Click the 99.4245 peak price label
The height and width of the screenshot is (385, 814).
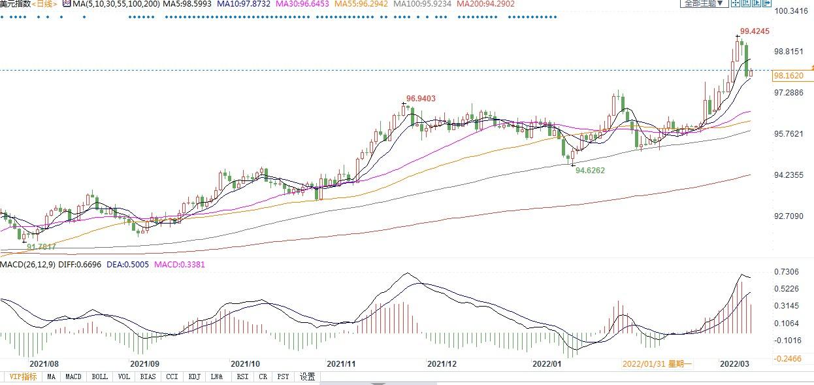(755, 31)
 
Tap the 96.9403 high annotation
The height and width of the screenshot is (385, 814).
(421, 99)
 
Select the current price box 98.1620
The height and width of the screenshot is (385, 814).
(788, 76)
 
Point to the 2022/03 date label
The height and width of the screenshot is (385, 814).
(734, 363)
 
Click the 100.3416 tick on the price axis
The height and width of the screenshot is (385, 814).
(790, 11)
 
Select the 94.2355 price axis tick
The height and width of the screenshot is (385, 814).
(789, 175)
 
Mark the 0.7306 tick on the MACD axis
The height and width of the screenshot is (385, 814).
(787, 272)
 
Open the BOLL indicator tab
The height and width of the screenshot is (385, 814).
(99, 377)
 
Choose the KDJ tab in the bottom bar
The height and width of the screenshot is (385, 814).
(194, 377)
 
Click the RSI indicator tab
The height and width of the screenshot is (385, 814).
(242, 377)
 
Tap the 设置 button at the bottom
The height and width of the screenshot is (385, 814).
(307, 377)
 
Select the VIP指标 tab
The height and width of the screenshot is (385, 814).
(22, 377)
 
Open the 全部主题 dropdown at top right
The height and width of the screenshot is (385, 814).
(704, 3)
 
